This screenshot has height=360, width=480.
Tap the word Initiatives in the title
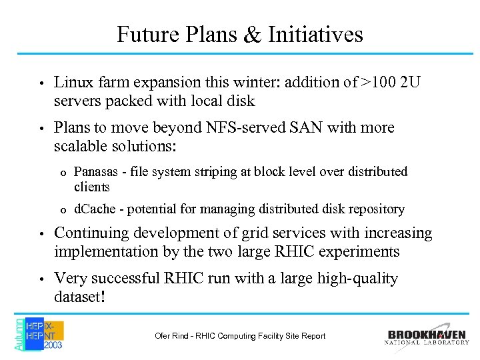pos(315,34)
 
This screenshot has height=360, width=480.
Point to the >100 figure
pos(379,83)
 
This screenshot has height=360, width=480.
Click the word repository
pos(376,209)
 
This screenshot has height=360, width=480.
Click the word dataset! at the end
pos(79,296)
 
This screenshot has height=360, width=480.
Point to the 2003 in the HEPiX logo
pos(53,346)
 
